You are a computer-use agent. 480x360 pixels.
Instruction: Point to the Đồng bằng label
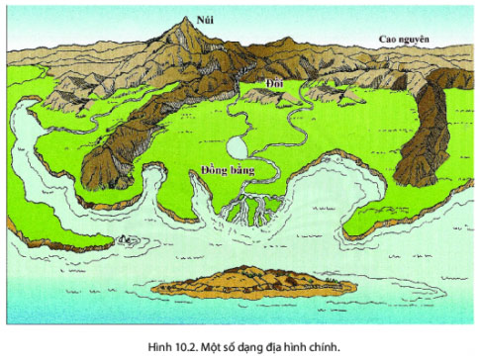click(226, 169)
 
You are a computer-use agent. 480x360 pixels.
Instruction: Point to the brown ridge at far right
click(421, 134)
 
